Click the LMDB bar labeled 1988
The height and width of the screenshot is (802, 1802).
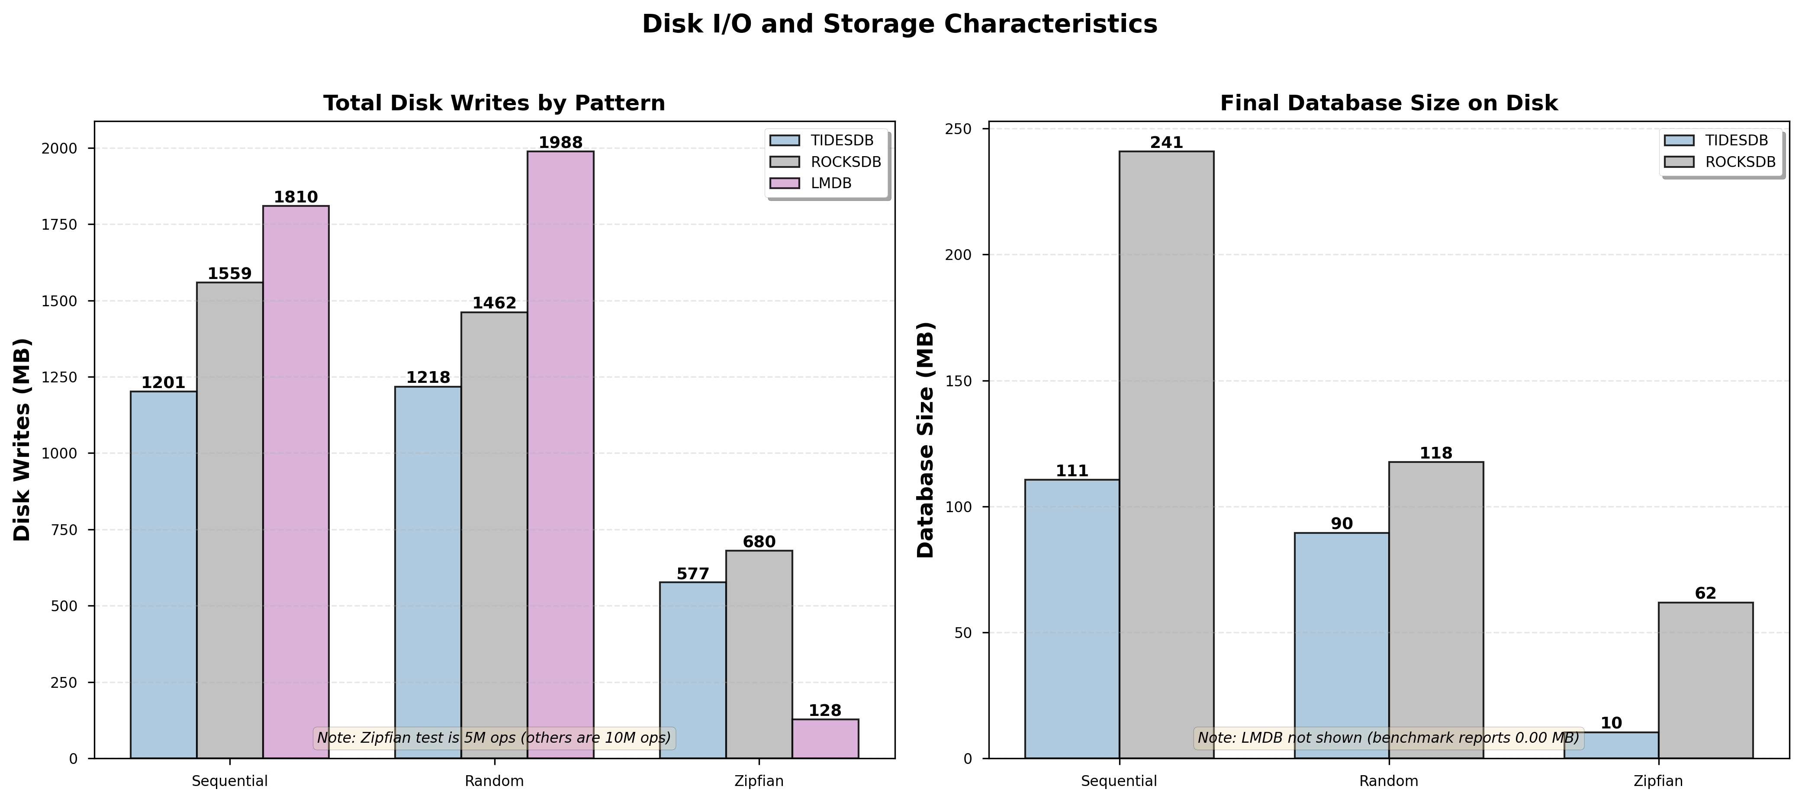click(560, 455)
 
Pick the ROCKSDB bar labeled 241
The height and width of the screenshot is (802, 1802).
click(1166, 455)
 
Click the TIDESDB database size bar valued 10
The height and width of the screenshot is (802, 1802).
click(1611, 744)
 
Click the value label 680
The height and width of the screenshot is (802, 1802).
click(759, 542)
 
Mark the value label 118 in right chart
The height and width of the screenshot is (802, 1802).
click(1436, 453)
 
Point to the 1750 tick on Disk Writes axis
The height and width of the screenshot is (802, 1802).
click(63, 225)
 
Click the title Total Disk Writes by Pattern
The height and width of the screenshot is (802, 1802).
click(494, 103)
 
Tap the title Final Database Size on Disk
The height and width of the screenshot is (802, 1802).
click(1389, 103)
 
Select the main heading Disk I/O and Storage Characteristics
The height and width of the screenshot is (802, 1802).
click(900, 25)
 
